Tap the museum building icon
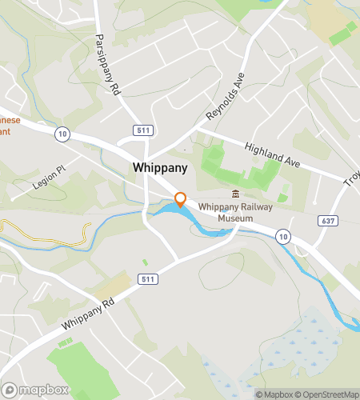(x=235, y=194)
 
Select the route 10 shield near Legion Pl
(x=62, y=135)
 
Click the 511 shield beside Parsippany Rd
(x=142, y=130)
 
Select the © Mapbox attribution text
(x=274, y=394)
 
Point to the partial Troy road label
(x=351, y=182)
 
